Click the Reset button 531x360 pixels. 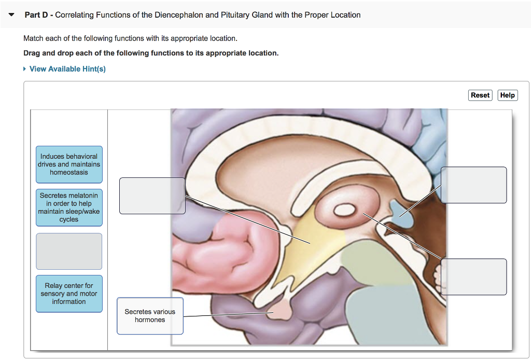click(x=480, y=95)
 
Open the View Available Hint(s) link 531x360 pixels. click(x=67, y=69)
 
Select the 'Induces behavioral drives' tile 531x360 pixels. click(x=69, y=164)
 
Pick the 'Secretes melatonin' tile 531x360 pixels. click(x=69, y=207)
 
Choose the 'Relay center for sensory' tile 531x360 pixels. click(x=69, y=294)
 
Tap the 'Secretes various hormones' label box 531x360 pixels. click(x=150, y=316)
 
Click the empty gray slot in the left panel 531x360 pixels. click(x=69, y=251)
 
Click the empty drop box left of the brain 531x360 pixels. click(x=152, y=196)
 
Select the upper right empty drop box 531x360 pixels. click(x=473, y=185)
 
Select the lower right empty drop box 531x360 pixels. click(x=473, y=276)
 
